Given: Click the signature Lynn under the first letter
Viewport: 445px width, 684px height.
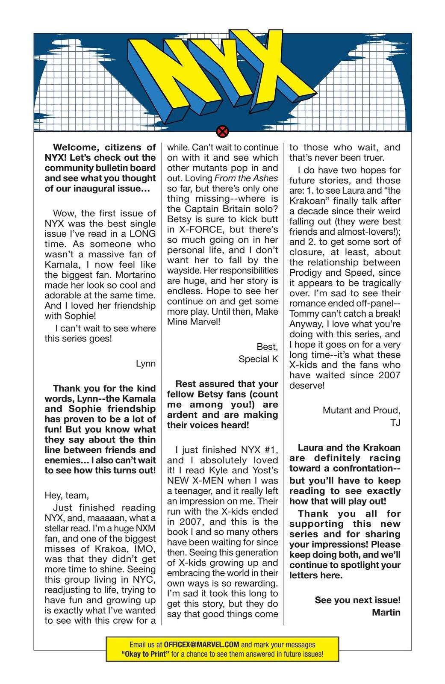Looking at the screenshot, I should point(146,364).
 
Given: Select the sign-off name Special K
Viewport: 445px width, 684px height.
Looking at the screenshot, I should point(258,359).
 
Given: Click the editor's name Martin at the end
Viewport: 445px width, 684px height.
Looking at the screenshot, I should point(386,612).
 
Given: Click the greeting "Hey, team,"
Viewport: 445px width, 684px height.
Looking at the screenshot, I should point(67,495).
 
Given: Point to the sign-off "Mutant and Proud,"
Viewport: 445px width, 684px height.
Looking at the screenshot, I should point(361,410).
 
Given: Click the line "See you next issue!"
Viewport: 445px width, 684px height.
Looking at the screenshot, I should point(357,600).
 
